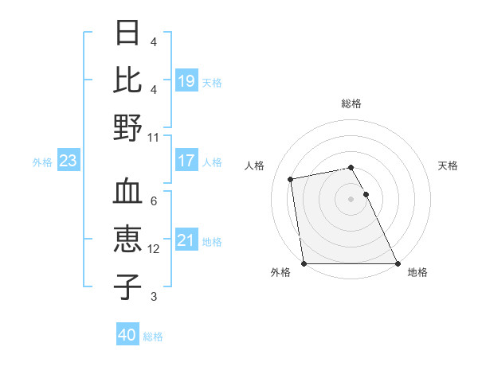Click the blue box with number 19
click(x=186, y=81)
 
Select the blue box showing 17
click(x=186, y=161)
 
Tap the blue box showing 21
click(x=186, y=240)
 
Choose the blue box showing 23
click(x=69, y=161)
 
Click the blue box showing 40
click(x=127, y=335)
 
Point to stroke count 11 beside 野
click(x=154, y=137)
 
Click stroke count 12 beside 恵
click(x=154, y=249)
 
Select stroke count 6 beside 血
click(x=154, y=201)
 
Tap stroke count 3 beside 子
click(x=154, y=297)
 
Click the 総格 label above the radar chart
click(x=351, y=103)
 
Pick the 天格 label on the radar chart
click(x=448, y=166)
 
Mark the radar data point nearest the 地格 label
click(x=398, y=263)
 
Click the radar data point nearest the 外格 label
click(x=304, y=263)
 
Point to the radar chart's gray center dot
click(x=351, y=199)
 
